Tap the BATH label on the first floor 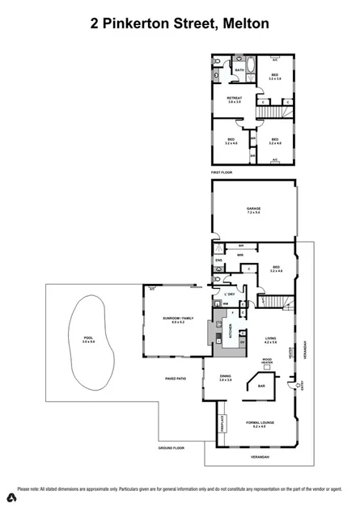click(x=239, y=70)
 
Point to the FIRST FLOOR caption click(x=222, y=173)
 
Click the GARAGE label click(x=253, y=209)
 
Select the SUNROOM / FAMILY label click(x=178, y=318)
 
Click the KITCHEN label click(x=230, y=331)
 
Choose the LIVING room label click(x=270, y=339)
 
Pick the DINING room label click(x=225, y=376)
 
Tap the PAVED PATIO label click(x=176, y=379)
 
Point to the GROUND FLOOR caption click(x=172, y=447)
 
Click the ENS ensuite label click(x=218, y=260)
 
